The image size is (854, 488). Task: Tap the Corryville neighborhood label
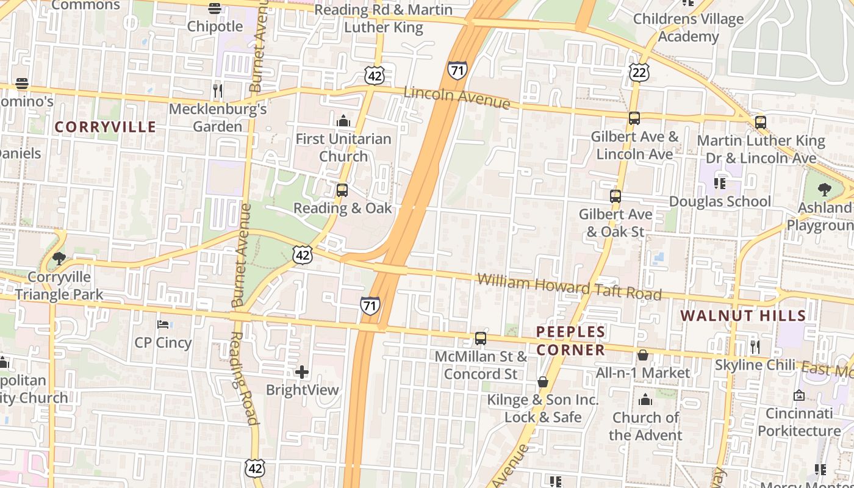105,127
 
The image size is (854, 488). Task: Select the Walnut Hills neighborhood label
743,315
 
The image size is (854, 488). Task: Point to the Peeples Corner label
570,340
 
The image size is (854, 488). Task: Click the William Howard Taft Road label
569,287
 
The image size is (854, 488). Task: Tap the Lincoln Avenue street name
457,97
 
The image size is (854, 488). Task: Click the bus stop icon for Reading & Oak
342,190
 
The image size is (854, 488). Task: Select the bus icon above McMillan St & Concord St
481,339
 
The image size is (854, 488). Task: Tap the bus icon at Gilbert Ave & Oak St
615,196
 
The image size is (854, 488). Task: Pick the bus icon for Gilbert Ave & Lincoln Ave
634,118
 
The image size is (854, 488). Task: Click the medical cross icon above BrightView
302,371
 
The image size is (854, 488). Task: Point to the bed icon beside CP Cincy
163,324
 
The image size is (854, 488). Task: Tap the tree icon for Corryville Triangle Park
59,259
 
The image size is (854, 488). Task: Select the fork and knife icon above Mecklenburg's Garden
217,91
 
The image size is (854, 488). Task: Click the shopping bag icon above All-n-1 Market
643,354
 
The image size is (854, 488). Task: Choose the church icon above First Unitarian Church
343,121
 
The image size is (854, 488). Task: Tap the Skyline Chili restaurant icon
755,347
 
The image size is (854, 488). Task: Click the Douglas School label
720,201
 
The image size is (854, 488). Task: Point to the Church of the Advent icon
645,400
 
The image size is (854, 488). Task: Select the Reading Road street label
244,378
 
